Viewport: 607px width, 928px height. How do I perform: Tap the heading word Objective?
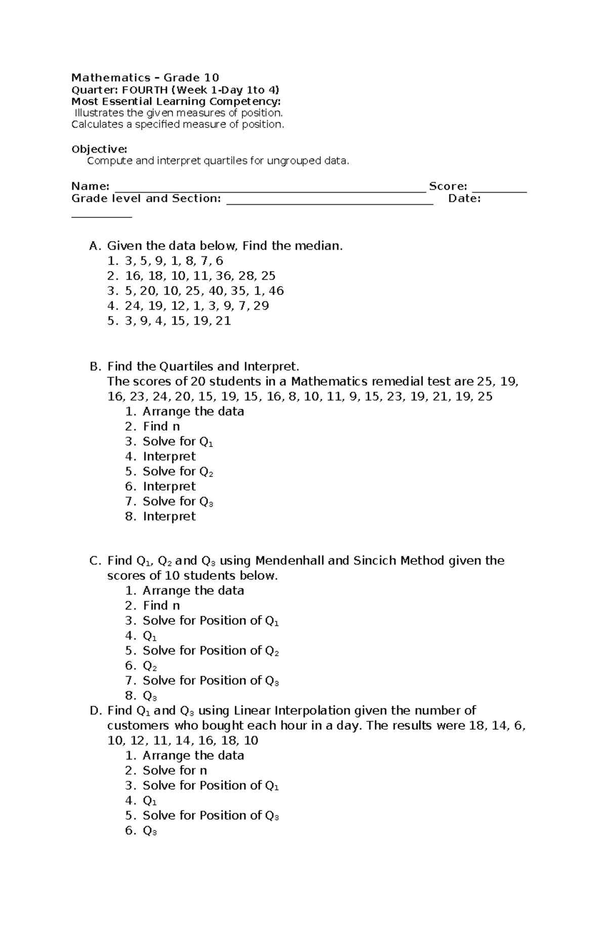pos(99,149)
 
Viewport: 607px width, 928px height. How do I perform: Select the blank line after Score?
pos(499,188)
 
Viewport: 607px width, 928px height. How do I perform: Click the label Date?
pos(464,199)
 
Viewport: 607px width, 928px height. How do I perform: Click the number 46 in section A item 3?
pos(276,291)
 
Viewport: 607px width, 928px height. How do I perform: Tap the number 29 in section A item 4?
pos(261,306)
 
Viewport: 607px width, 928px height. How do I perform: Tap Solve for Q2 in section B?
pos(178,472)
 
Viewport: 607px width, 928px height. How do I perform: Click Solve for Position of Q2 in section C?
pos(210,651)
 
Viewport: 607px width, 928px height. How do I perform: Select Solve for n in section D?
pos(175,771)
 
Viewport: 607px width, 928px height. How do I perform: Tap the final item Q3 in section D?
pos(150,831)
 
